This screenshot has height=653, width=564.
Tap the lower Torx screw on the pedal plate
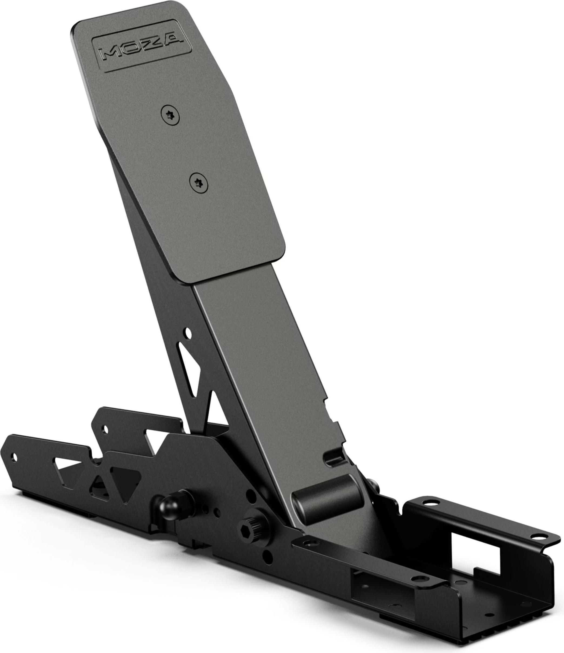[x=199, y=183]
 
